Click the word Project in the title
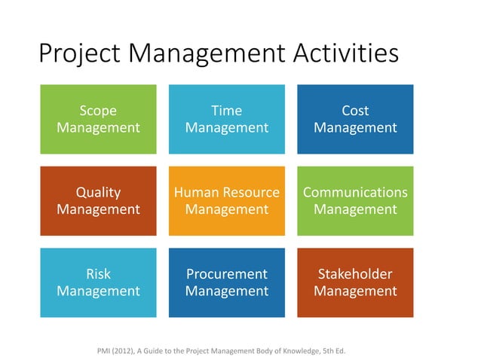click(79, 54)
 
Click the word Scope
click(98, 111)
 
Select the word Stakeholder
click(355, 274)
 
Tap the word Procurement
click(227, 274)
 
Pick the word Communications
click(355, 192)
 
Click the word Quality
click(98, 192)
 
